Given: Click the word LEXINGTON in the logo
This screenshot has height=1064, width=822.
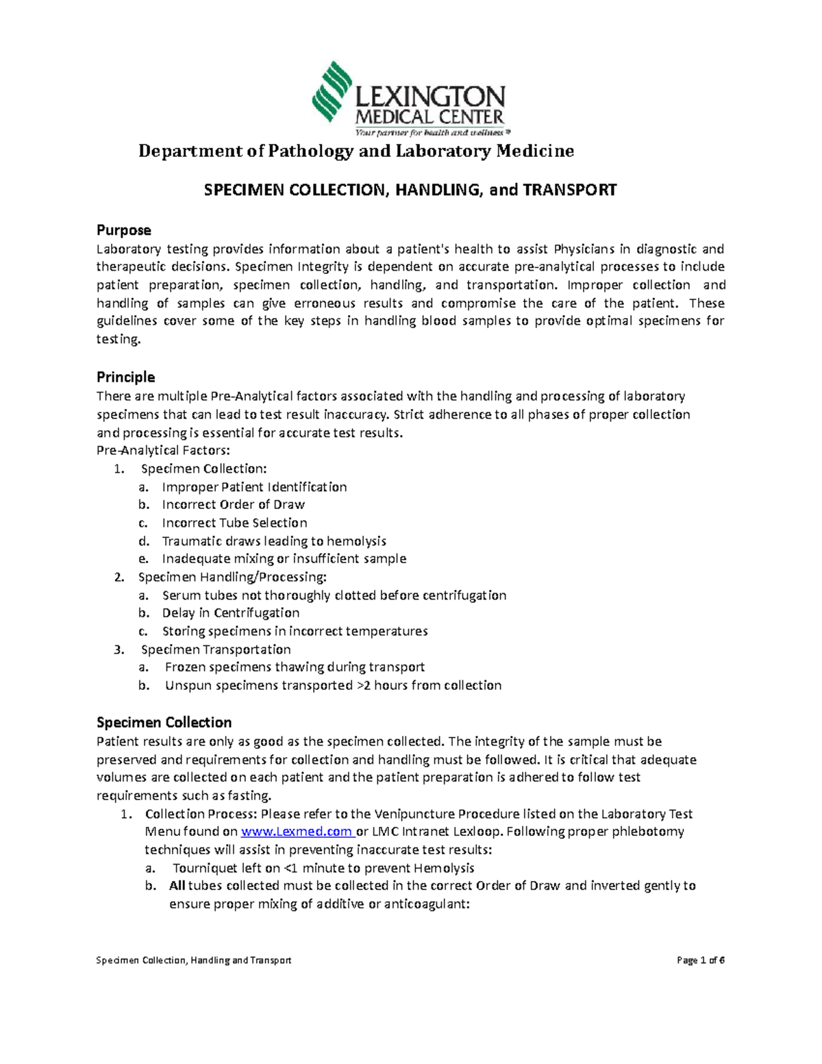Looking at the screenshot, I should (430, 98).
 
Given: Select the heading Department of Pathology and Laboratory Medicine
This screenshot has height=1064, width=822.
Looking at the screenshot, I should (356, 151).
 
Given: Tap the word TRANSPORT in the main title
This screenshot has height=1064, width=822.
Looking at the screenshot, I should (570, 190).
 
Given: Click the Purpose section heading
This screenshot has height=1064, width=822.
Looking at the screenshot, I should (123, 230).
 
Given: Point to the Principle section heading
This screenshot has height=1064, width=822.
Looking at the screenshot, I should (125, 378).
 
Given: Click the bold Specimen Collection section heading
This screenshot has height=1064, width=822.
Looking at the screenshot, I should (164, 723).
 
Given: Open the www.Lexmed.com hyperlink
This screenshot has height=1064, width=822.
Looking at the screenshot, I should (296, 832).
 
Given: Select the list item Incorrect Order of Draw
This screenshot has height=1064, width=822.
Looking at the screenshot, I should (233, 505).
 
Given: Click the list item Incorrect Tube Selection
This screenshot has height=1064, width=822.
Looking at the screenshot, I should (234, 523).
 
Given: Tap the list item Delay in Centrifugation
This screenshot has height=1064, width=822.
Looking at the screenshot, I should (230, 613).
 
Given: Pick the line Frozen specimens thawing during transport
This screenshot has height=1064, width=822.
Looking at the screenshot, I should (295, 667).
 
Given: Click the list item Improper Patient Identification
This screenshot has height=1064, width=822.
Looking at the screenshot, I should (254, 487).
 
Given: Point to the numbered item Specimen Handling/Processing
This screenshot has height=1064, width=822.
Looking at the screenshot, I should (232, 577).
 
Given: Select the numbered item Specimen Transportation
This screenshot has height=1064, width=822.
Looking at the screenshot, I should (216, 649).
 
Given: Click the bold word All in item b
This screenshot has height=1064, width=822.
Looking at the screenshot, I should (177, 886).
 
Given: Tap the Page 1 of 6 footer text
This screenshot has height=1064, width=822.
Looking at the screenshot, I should (700, 961).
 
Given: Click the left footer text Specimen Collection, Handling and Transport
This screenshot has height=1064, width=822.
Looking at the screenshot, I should (194, 961).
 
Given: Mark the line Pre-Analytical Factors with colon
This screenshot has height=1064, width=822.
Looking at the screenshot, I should (164, 451).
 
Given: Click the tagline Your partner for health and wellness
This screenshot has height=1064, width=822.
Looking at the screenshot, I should (432, 133).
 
